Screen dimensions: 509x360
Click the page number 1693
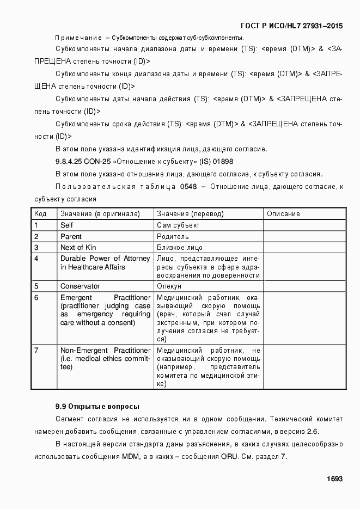[334, 479]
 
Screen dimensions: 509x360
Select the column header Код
[40, 214]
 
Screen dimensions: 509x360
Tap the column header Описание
[283, 214]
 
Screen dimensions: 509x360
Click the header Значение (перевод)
[190, 214]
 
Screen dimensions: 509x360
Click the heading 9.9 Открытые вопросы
[97, 406]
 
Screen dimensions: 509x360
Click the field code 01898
[223, 161]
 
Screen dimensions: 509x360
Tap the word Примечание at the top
[78, 38]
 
